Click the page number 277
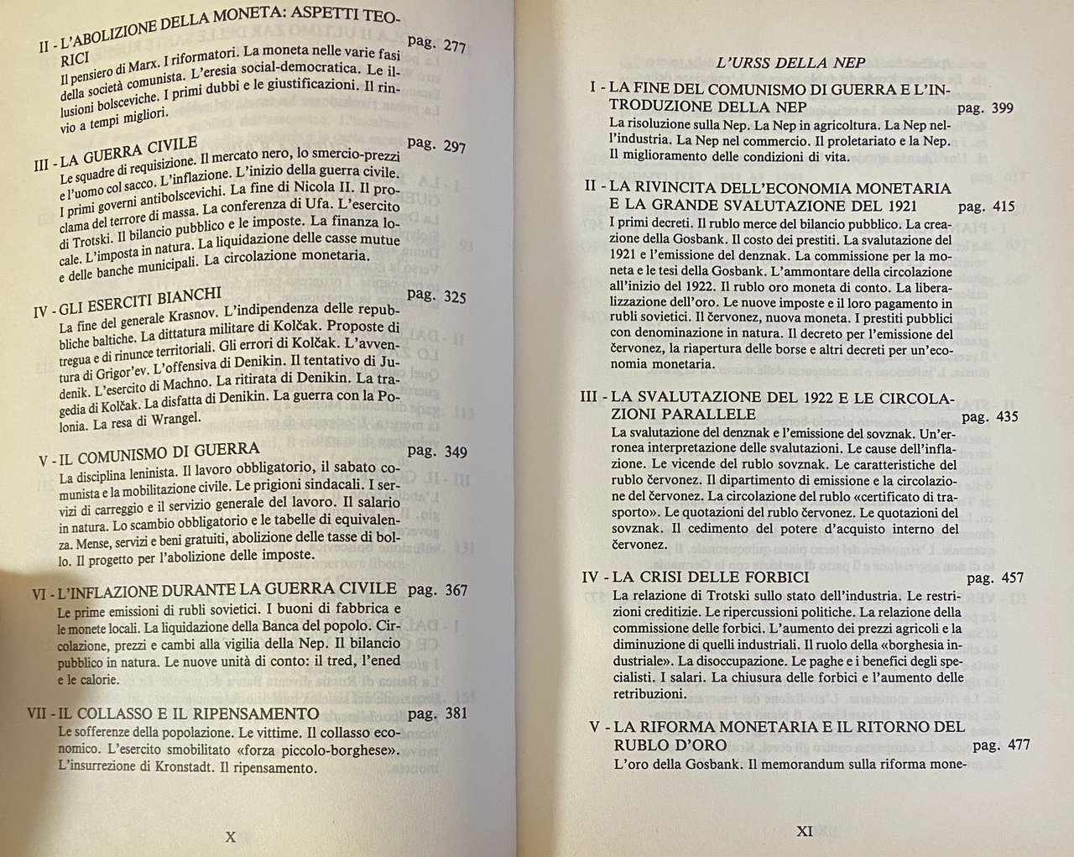pos(454,47)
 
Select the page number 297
pos(454,147)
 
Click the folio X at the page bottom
pos(232,836)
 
